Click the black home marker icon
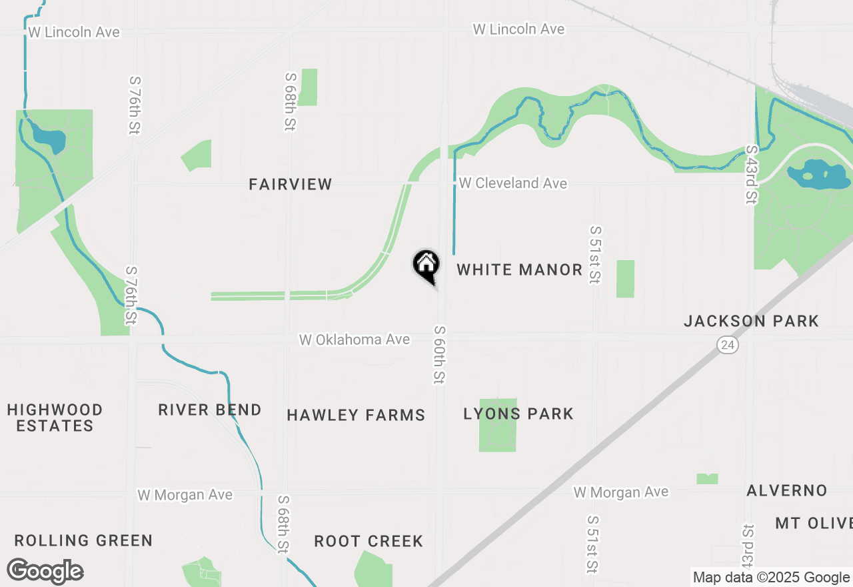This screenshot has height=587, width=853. (x=426, y=265)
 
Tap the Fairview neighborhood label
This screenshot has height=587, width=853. (x=291, y=184)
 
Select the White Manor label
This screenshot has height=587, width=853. (x=520, y=269)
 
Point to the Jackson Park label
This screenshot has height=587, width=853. (x=751, y=321)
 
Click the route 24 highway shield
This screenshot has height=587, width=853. (x=728, y=345)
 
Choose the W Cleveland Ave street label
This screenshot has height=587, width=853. (x=513, y=183)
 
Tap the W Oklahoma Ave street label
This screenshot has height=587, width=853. (x=354, y=340)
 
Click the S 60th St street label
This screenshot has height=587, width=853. (x=440, y=355)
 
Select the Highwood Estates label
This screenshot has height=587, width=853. (x=55, y=418)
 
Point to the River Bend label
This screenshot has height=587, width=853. (x=209, y=410)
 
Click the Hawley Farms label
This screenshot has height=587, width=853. (x=356, y=415)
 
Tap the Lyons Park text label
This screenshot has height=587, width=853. (x=518, y=414)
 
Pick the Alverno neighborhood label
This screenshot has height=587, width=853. (x=787, y=490)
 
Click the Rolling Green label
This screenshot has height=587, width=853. (x=83, y=540)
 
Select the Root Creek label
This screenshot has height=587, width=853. (x=369, y=541)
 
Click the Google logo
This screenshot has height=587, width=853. (x=45, y=572)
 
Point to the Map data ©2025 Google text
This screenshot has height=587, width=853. (x=771, y=578)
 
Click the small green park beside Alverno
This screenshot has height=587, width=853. (x=707, y=479)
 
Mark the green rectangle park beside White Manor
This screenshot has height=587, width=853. (x=625, y=279)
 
